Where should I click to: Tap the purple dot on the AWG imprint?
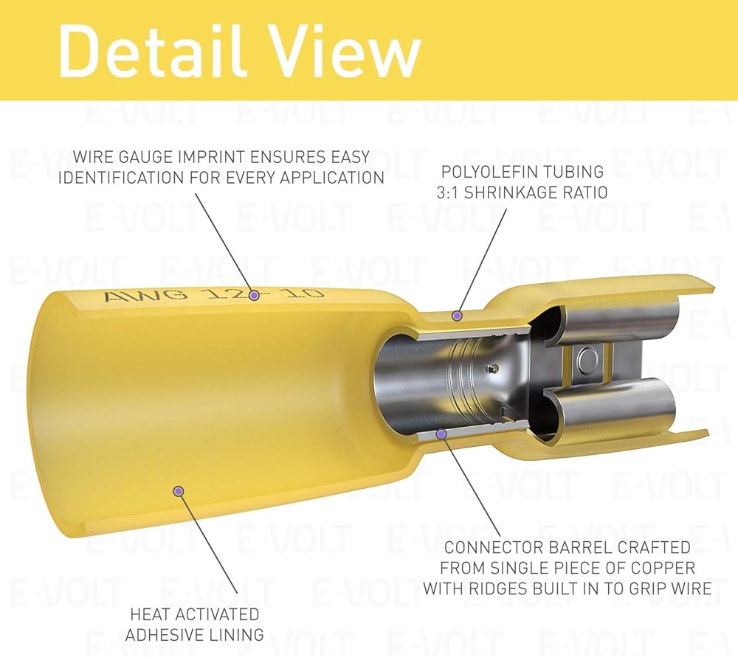tap(254, 296)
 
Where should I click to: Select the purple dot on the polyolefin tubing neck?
tap(456, 316)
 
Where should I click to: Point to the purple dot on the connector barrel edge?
tap(441, 434)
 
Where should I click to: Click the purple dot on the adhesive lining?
tap(179, 491)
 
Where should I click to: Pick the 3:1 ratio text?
tap(449, 192)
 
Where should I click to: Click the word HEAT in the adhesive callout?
tap(148, 614)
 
